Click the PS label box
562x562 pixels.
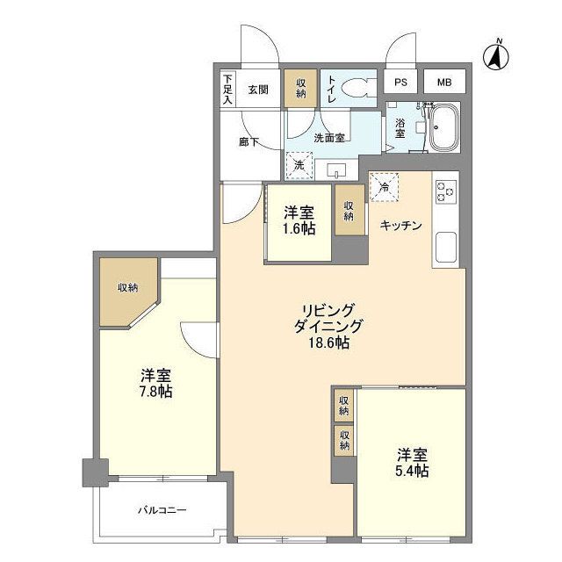click(x=400, y=83)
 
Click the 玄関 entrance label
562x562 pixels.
click(x=257, y=89)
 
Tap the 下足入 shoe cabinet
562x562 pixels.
click(x=227, y=90)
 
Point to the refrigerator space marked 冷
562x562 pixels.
click(x=384, y=185)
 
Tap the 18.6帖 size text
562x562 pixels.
click(x=329, y=343)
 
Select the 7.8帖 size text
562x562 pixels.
click(x=155, y=391)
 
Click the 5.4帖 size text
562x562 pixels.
click(x=412, y=472)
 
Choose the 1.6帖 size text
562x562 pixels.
click(x=299, y=227)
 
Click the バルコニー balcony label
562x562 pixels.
click(x=162, y=510)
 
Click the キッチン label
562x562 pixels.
click(x=400, y=225)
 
